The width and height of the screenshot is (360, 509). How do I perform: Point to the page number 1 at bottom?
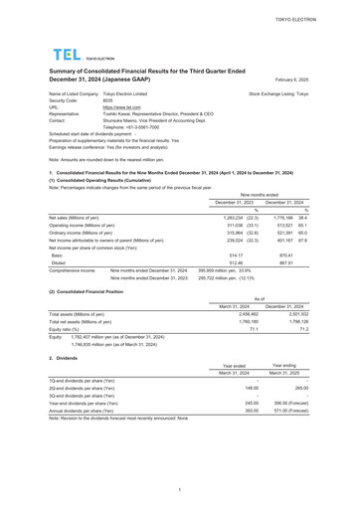point(179,489)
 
